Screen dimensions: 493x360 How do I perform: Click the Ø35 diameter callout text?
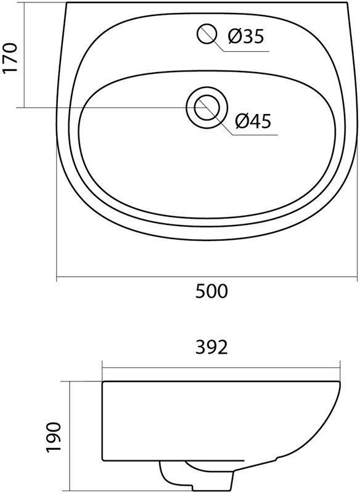(x=245, y=37)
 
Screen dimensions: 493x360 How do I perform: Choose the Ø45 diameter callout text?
(x=253, y=121)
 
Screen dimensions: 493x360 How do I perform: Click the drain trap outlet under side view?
(x=179, y=475)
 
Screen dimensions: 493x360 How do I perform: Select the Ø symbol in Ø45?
(x=241, y=121)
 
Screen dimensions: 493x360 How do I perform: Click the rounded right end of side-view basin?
(x=340, y=407)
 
